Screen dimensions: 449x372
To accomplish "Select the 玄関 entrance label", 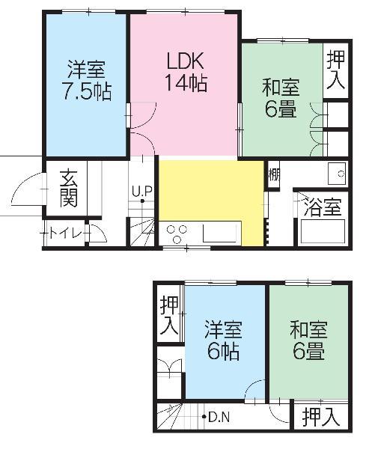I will (x=69, y=189).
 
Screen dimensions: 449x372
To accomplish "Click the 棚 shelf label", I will (x=273, y=175).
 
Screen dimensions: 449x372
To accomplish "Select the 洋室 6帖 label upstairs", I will (x=224, y=340).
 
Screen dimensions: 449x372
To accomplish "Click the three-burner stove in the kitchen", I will (x=178, y=233).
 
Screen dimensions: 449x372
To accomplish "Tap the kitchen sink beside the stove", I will (x=220, y=233).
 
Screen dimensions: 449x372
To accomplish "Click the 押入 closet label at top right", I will (x=337, y=71).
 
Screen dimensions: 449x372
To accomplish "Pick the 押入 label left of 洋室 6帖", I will (x=169, y=316).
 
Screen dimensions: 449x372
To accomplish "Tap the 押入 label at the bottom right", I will (x=322, y=418).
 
